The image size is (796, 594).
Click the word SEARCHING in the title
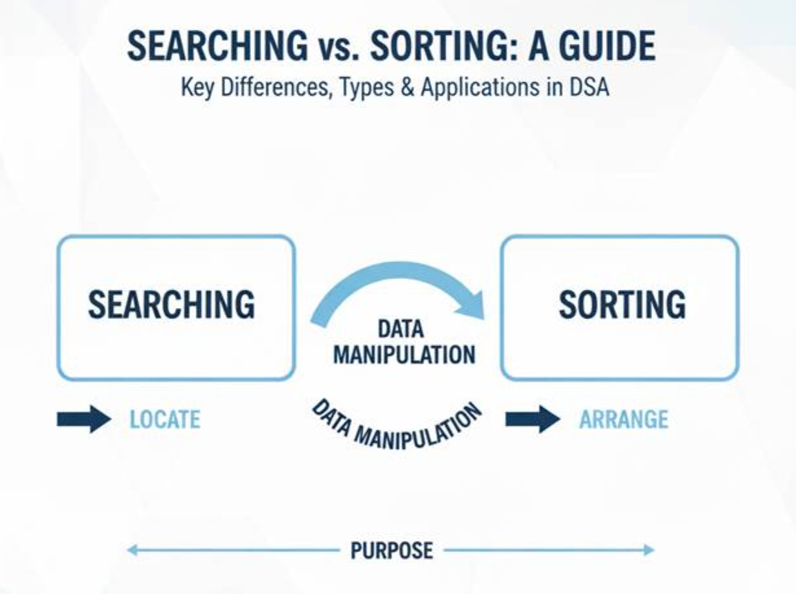(x=217, y=47)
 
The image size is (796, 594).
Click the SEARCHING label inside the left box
(x=171, y=304)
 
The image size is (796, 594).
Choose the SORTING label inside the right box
(x=622, y=304)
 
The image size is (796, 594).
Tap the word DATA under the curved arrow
(x=401, y=329)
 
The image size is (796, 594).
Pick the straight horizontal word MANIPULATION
(x=404, y=354)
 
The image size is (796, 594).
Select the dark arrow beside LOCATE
(x=84, y=419)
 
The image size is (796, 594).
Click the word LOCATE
(x=164, y=420)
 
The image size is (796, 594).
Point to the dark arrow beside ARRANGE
(x=532, y=419)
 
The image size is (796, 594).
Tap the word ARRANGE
(x=623, y=420)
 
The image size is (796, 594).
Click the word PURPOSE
(x=391, y=551)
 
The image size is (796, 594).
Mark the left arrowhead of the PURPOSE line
(x=131, y=551)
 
